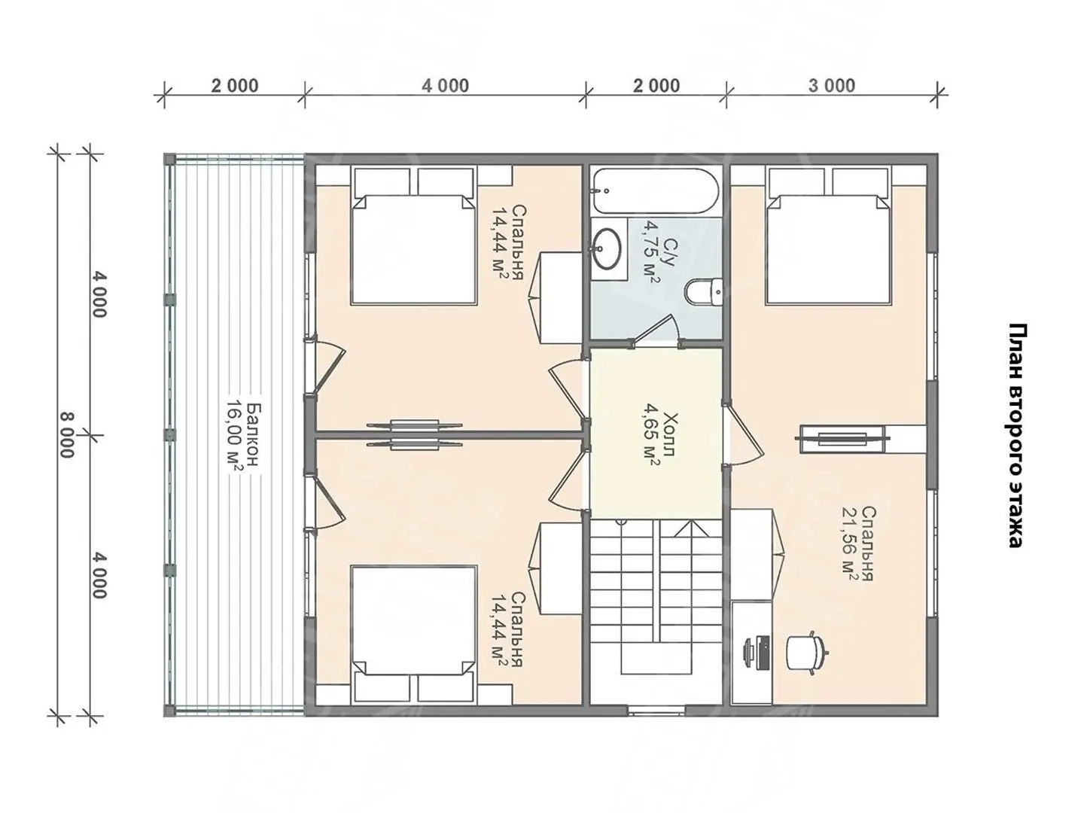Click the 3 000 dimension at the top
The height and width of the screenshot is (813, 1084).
[x=831, y=85]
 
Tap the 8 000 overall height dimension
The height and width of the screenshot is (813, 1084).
[x=67, y=435]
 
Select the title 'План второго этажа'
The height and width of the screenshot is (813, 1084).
[x=1015, y=436]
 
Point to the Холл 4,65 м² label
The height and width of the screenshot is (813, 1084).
[x=658, y=435]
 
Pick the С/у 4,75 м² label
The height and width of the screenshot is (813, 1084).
[x=659, y=254]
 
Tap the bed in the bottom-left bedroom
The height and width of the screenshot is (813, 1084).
[x=414, y=634]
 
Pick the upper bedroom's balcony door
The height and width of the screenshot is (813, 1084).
[x=325, y=366]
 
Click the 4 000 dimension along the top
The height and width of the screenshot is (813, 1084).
[x=445, y=85]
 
